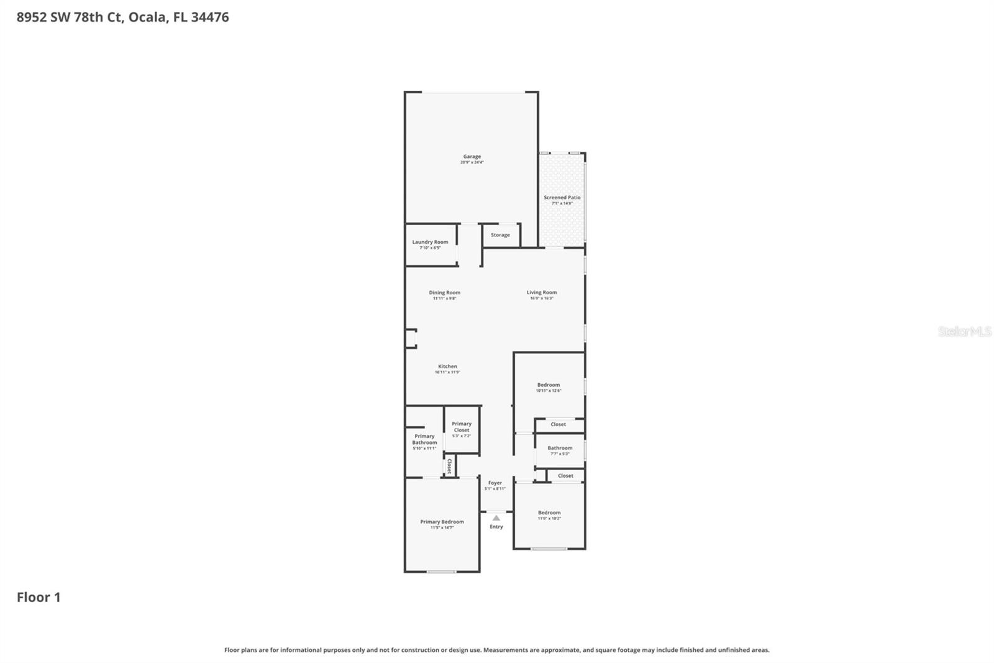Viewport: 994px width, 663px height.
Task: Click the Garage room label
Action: click(472, 157)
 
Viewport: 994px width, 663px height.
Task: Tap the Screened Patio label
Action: click(562, 198)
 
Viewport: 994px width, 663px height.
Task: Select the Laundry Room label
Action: click(430, 243)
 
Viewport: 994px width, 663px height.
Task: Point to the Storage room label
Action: click(500, 235)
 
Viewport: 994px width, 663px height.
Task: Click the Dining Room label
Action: click(444, 293)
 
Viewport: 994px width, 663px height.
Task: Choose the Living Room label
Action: click(541, 292)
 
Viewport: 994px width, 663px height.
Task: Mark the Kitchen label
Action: click(447, 367)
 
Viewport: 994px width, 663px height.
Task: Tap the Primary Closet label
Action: click(462, 427)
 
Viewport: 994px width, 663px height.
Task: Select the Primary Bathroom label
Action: click(424, 440)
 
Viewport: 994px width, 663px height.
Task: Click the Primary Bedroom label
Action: click(442, 522)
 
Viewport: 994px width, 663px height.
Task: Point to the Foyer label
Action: click(495, 483)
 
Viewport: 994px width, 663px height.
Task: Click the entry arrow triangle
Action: click(496, 517)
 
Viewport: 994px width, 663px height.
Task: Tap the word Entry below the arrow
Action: click(496, 527)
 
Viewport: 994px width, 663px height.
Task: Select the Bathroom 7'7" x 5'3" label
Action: click(560, 448)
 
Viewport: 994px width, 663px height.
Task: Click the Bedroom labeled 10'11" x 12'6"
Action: click(548, 386)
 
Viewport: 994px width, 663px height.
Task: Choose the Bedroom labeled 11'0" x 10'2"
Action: click(549, 513)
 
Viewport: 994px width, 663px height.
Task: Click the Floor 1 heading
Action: click(39, 597)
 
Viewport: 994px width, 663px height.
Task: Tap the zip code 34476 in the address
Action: click(210, 17)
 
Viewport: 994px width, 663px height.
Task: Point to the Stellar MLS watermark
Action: click(964, 331)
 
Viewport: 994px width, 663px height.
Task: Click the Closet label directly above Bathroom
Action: click(558, 425)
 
